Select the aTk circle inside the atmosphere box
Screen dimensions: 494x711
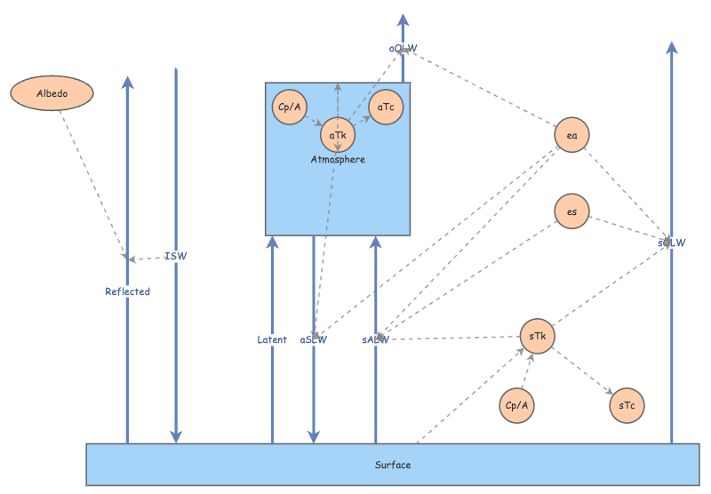pyautogui.click(x=338, y=135)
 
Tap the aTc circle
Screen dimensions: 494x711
pyautogui.click(x=387, y=108)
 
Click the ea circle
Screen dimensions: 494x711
pyautogui.click(x=572, y=135)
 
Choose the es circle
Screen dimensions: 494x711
pyautogui.click(x=571, y=211)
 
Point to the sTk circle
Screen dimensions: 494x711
pyautogui.click(x=537, y=336)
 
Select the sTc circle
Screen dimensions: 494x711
pyautogui.click(x=627, y=405)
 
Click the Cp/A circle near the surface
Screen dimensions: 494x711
pyautogui.click(x=517, y=405)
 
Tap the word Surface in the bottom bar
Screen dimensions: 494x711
pyautogui.click(x=393, y=465)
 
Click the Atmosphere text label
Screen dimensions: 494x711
pyautogui.click(x=338, y=160)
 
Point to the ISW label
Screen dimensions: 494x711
pyautogui.click(x=176, y=257)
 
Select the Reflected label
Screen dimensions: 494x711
pyautogui.click(x=127, y=291)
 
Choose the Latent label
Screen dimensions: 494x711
pyautogui.click(x=272, y=339)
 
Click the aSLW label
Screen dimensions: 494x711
pyautogui.click(x=314, y=339)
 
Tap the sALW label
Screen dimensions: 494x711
pyautogui.click(x=376, y=339)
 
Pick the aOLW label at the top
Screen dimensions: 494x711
pyautogui.click(x=403, y=48)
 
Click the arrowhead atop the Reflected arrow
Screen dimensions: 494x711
pyautogui.click(x=127, y=83)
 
